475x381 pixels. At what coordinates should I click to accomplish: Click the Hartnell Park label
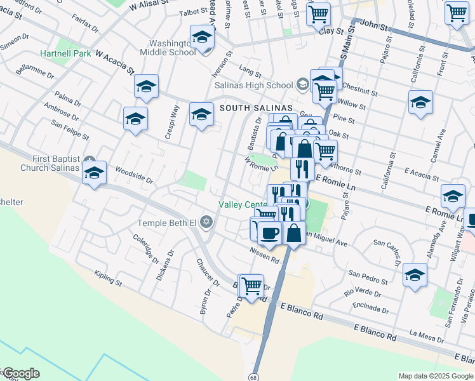click(65, 54)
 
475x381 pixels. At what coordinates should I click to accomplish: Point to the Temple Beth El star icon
click(205, 223)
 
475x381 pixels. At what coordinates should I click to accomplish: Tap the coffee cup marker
click(269, 232)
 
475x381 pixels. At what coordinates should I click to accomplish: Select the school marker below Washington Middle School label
click(201, 115)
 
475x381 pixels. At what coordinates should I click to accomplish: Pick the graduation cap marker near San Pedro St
click(415, 274)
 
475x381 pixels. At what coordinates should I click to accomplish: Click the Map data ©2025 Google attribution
click(436, 376)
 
